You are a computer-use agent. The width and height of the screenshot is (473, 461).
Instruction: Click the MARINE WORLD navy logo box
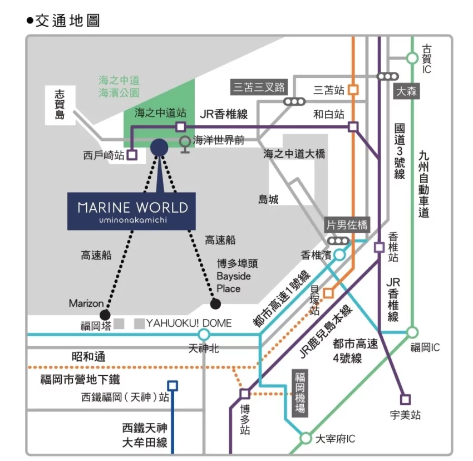coord(131,211)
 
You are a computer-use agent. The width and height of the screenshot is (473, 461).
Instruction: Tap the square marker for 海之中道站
coord(180,127)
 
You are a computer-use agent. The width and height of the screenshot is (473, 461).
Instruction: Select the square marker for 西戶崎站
coord(132,155)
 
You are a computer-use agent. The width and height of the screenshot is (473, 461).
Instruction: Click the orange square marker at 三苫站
coord(353,89)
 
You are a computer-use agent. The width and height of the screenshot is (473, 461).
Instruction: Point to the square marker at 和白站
coord(353,127)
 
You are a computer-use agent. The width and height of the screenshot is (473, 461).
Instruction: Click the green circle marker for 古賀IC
coord(412,57)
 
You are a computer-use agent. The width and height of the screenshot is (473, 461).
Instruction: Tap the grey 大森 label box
coord(406,91)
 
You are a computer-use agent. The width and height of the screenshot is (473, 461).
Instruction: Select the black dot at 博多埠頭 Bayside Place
coord(215,303)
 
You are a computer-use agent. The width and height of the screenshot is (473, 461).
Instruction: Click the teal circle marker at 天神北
coord(204,334)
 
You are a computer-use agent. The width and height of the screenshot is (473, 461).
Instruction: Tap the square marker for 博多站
coord(245,394)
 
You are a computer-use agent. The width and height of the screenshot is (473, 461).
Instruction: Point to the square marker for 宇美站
coord(406,399)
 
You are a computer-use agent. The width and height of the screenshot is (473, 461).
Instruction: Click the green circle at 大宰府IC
coord(306,438)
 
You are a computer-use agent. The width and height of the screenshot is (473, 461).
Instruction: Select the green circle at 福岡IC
coord(412,332)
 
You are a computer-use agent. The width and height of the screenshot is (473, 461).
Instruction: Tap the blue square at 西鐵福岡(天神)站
coord(173,385)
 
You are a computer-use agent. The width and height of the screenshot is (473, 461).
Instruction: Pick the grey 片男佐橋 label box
coord(347,225)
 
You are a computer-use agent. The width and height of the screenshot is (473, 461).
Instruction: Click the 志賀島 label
coord(60,104)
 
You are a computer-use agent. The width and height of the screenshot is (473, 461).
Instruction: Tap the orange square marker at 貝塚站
coord(328,293)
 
